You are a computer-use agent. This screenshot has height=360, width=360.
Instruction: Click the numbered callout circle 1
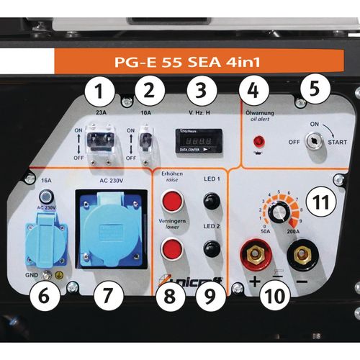pos(100,91)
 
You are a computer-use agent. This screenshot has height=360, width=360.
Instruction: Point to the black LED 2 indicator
pos(210,248)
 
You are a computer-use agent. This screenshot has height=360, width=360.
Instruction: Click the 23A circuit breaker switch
pos(101,140)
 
